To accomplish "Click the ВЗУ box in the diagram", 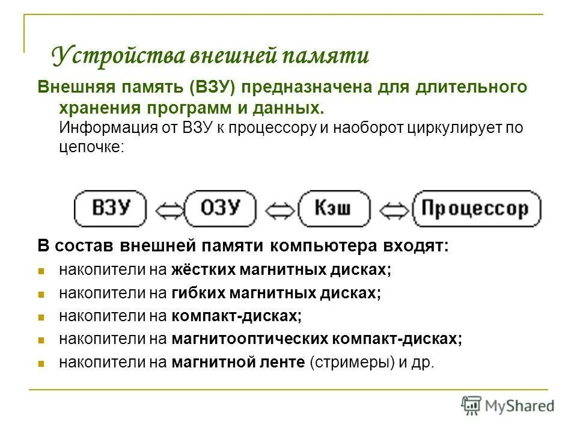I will click(x=111, y=209).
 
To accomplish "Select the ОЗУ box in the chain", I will click(x=220, y=209).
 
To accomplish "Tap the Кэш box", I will click(x=334, y=209).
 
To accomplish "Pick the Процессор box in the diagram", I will click(x=477, y=209).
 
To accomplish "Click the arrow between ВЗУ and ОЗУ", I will click(x=165, y=210).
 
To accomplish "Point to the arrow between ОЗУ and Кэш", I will click(x=277, y=210).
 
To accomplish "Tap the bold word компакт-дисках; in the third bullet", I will click(x=236, y=316).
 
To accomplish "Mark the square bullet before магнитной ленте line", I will click(x=41, y=363).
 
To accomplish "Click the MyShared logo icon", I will click(x=471, y=405).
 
